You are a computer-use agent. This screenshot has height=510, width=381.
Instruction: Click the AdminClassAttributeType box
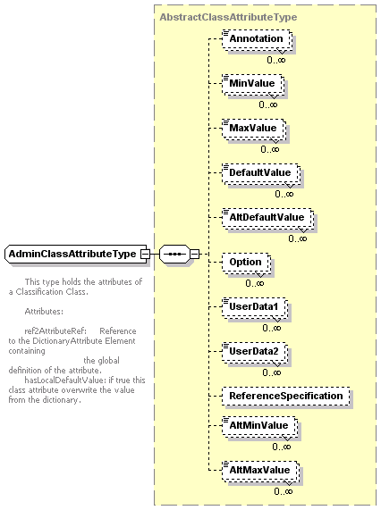(x=76, y=254)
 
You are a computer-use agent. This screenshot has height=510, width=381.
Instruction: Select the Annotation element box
(x=257, y=39)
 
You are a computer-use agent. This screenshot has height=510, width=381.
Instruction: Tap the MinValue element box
(x=253, y=84)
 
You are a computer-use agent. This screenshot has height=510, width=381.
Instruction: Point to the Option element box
(x=246, y=263)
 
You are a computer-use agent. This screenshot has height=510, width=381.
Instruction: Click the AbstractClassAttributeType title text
(x=228, y=17)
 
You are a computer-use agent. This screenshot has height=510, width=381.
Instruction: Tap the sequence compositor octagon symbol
(x=174, y=254)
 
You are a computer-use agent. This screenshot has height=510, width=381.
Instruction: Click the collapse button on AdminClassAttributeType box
(x=145, y=254)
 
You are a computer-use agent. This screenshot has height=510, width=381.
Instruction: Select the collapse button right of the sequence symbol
(x=194, y=254)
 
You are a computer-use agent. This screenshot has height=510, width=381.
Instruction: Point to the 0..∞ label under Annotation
(x=276, y=60)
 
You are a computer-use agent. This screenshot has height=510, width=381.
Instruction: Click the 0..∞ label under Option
(x=255, y=283)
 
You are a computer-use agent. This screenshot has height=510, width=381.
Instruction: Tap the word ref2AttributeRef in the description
(x=55, y=331)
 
